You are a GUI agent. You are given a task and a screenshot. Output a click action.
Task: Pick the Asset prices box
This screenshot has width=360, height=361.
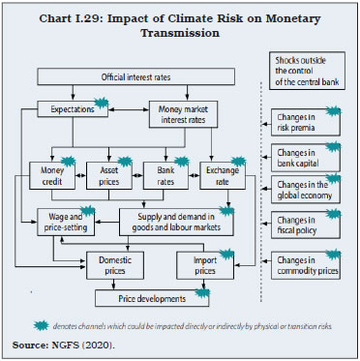pos(103,173)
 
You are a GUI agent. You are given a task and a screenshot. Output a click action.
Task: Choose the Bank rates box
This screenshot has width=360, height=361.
pos(159,173)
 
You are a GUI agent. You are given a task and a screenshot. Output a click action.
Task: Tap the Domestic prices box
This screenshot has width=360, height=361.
pos(115,262)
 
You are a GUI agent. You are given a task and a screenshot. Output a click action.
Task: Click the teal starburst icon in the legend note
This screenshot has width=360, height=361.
pos(43,325)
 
